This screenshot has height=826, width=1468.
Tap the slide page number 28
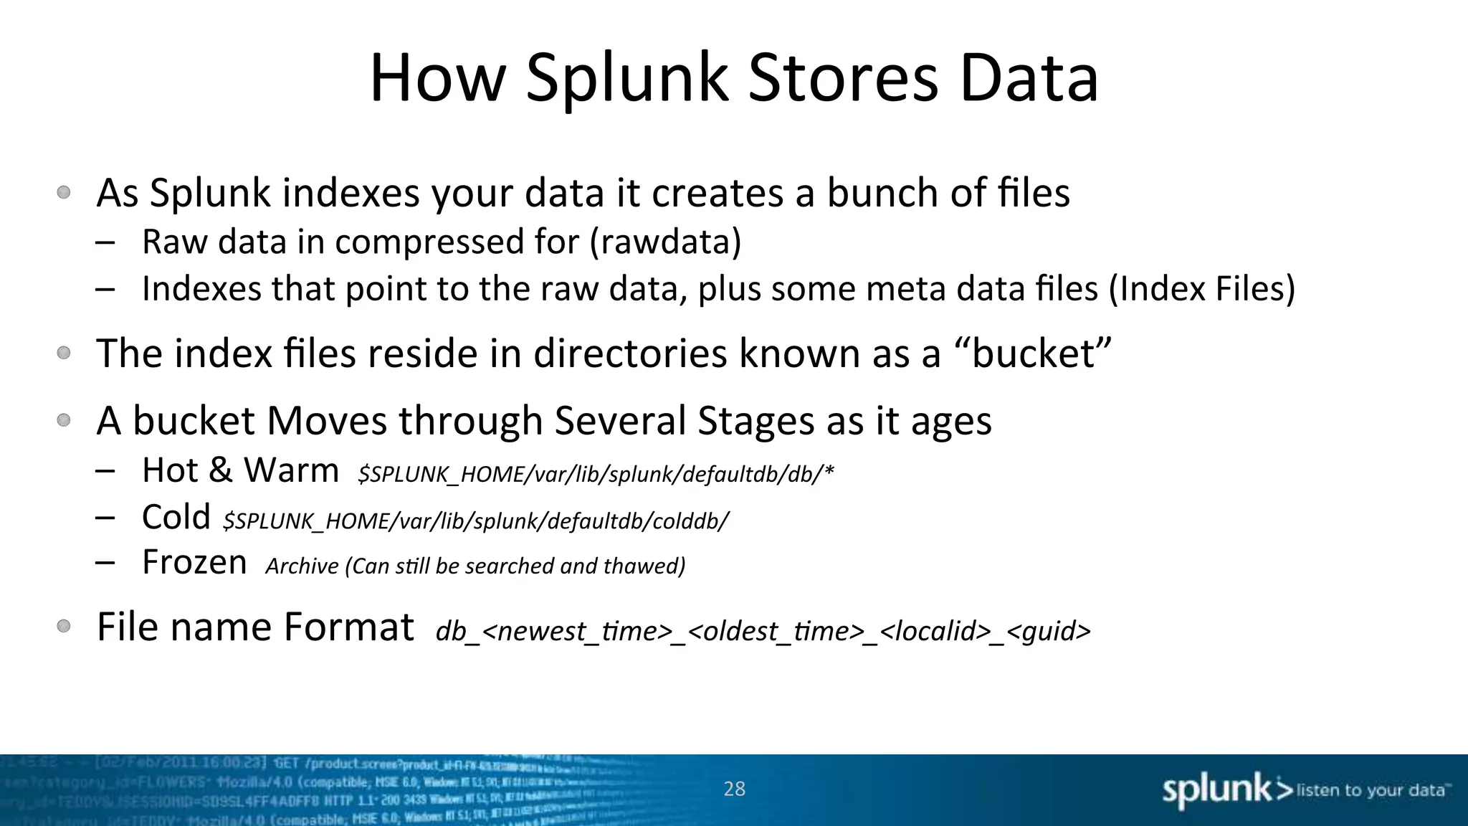pyautogui.click(x=735, y=789)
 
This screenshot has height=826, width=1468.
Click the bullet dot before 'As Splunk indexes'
pyautogui.click(x=64, y=192)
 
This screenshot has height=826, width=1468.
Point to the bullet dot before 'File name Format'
pyautogui.click(x=64, y=626)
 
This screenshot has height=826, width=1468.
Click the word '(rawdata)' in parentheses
pyautogui.click(x=665, y=242)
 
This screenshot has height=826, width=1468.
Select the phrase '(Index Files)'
pyautogui.click(x=1202, y=289)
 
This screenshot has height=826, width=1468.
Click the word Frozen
pyautogui.click(x=194, y=562)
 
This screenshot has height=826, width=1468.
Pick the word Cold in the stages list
pyautogui.click(x=176, y=517)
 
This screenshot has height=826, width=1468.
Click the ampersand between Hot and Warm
pyautogui.click(x=220, y=471)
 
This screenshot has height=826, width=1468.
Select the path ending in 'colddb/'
pyautogui.click(x=475, y=521)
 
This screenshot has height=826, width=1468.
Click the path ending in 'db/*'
pyautogui.click(x=596, y=475)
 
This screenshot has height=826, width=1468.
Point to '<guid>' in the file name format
pyautogui.click(x=1049, y=632)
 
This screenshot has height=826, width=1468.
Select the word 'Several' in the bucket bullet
pyautogui.click(x=620, y=420)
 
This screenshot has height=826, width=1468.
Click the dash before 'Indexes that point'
pyautogui.click(x=105, y=289)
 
